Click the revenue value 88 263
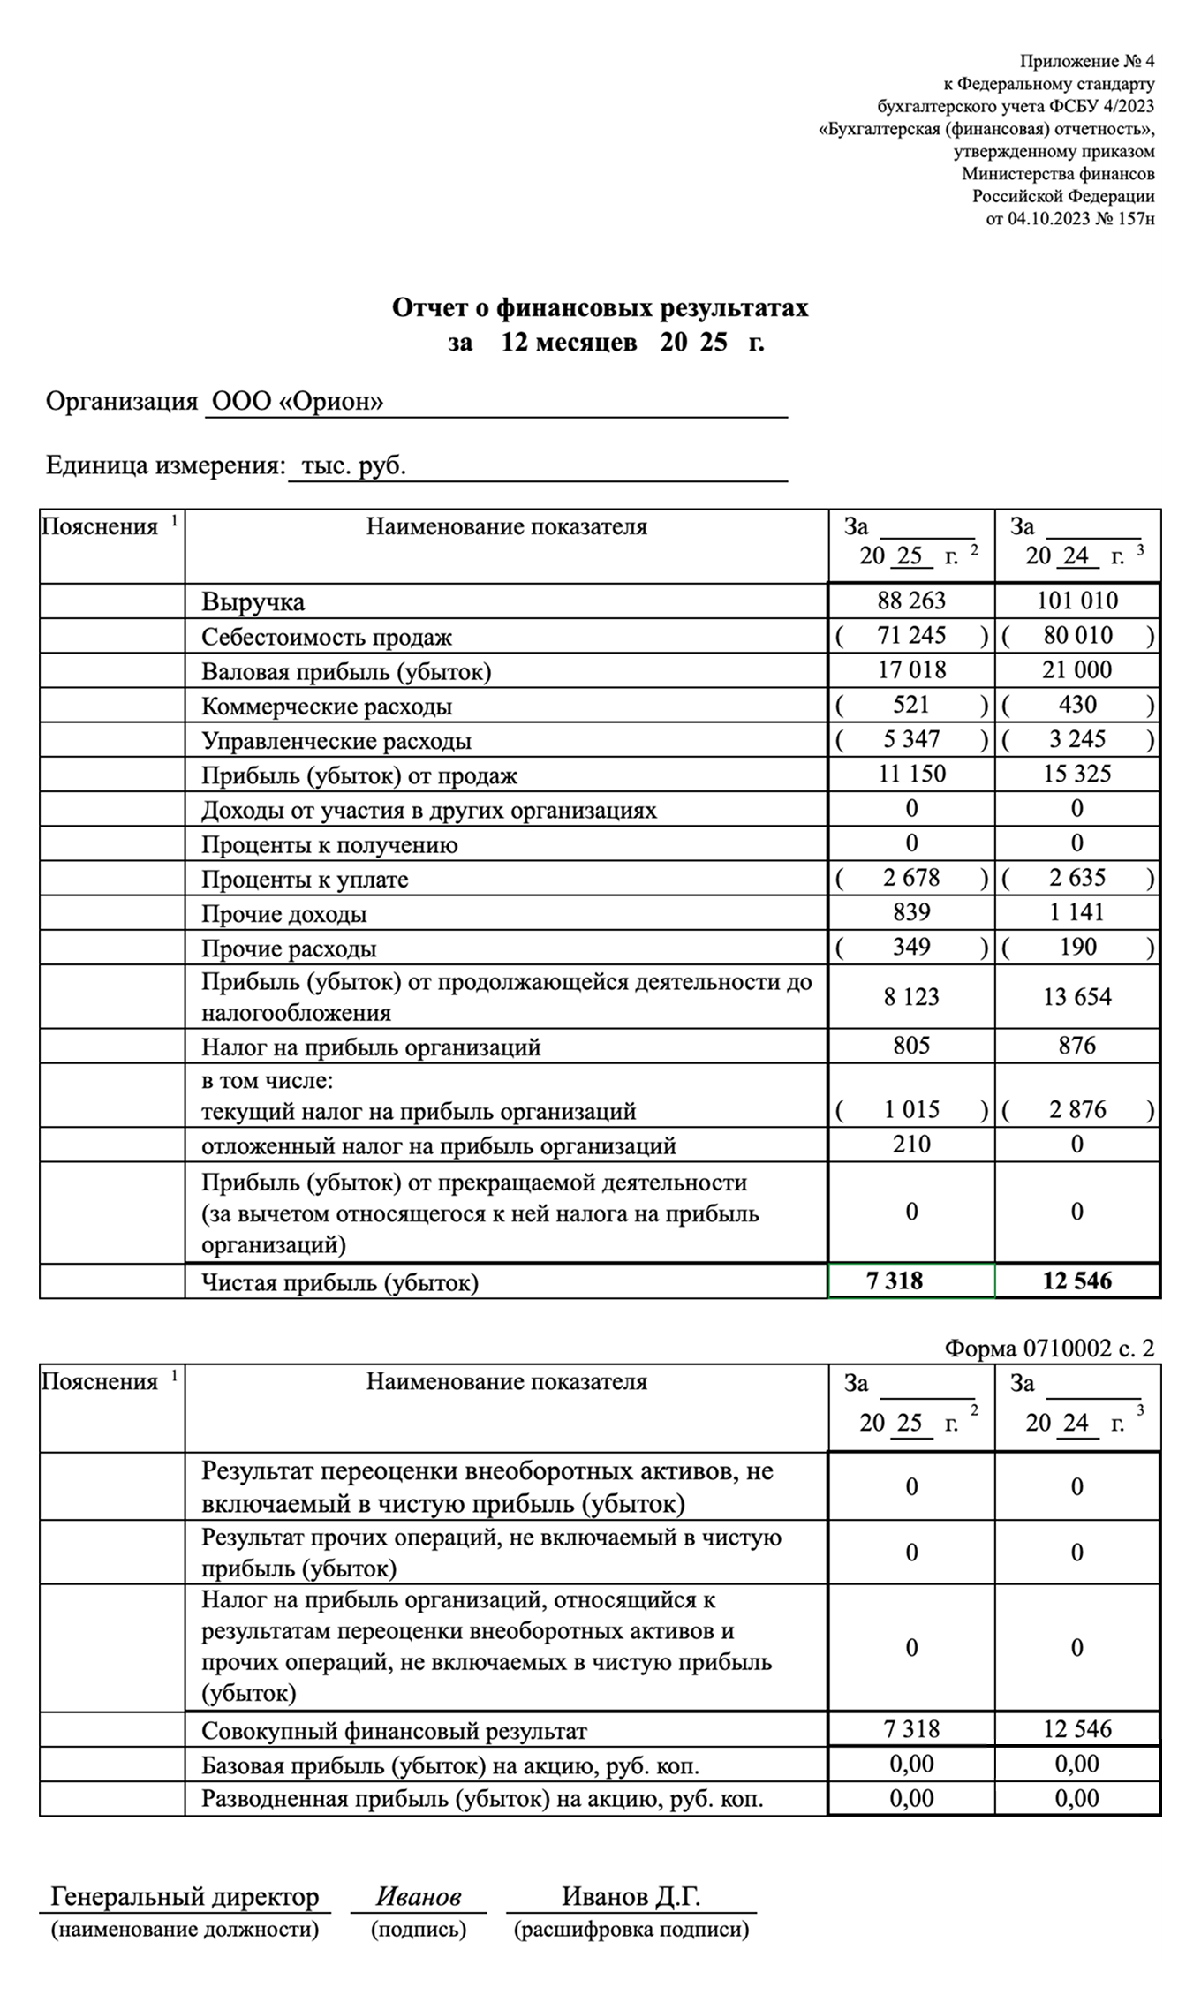pos(911,601)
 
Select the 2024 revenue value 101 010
pos(1076,601)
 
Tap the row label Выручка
pos(253,602)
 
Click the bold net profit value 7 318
pos(895,1281)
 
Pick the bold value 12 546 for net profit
pos(1076,1281)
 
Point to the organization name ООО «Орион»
pos(298,402)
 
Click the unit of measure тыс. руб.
pos(353,466)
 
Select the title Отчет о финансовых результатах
pos(600,307)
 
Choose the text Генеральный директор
pos(185,1896)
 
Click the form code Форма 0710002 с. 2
pos(1049,1348)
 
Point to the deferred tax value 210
pos(911,1145)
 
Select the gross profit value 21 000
pos(1076,670)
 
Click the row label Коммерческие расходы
pos(327,707)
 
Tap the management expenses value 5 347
pos(911,739)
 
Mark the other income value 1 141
pos(1076,912)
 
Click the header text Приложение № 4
pos(1086,61)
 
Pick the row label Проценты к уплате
pos(305,880)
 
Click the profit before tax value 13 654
pos(1076,997)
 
